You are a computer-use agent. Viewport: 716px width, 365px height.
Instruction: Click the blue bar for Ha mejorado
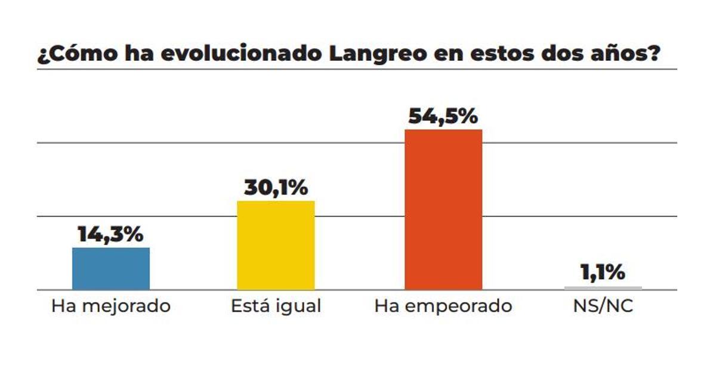click(111, 268)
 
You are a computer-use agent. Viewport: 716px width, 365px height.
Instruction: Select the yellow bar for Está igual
click(276, 245)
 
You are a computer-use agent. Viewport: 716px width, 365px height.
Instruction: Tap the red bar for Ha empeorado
click(443, 209)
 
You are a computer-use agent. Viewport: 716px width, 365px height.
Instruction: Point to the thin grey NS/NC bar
click(603, 288)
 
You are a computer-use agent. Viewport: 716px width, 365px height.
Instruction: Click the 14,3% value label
click(111, 234)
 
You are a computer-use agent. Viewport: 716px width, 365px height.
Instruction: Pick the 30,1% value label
click(276, 188)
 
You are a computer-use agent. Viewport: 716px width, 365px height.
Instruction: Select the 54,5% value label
click(443, 116)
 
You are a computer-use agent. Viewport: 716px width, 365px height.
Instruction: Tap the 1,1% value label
click(603, 273)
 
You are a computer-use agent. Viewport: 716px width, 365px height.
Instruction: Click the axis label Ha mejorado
click(111, 307)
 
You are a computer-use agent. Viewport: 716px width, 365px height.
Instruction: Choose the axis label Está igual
click(276, 307)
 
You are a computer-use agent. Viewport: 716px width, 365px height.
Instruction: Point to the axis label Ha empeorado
click(443, 307)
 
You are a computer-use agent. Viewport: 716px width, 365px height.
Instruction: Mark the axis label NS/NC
click(603, 307)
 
